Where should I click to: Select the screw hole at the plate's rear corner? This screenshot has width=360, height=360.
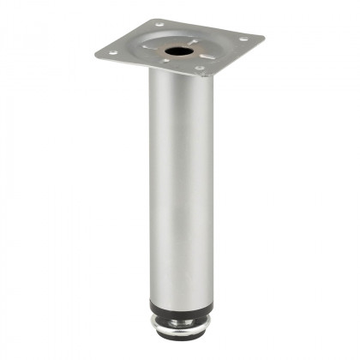pyautogui.click(x=158, y=24)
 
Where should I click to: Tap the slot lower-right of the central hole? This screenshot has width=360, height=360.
pyautogui.click(x=199, y=57)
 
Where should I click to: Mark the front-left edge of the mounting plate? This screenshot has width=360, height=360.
pyautogui.click(x=150, y=67)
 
